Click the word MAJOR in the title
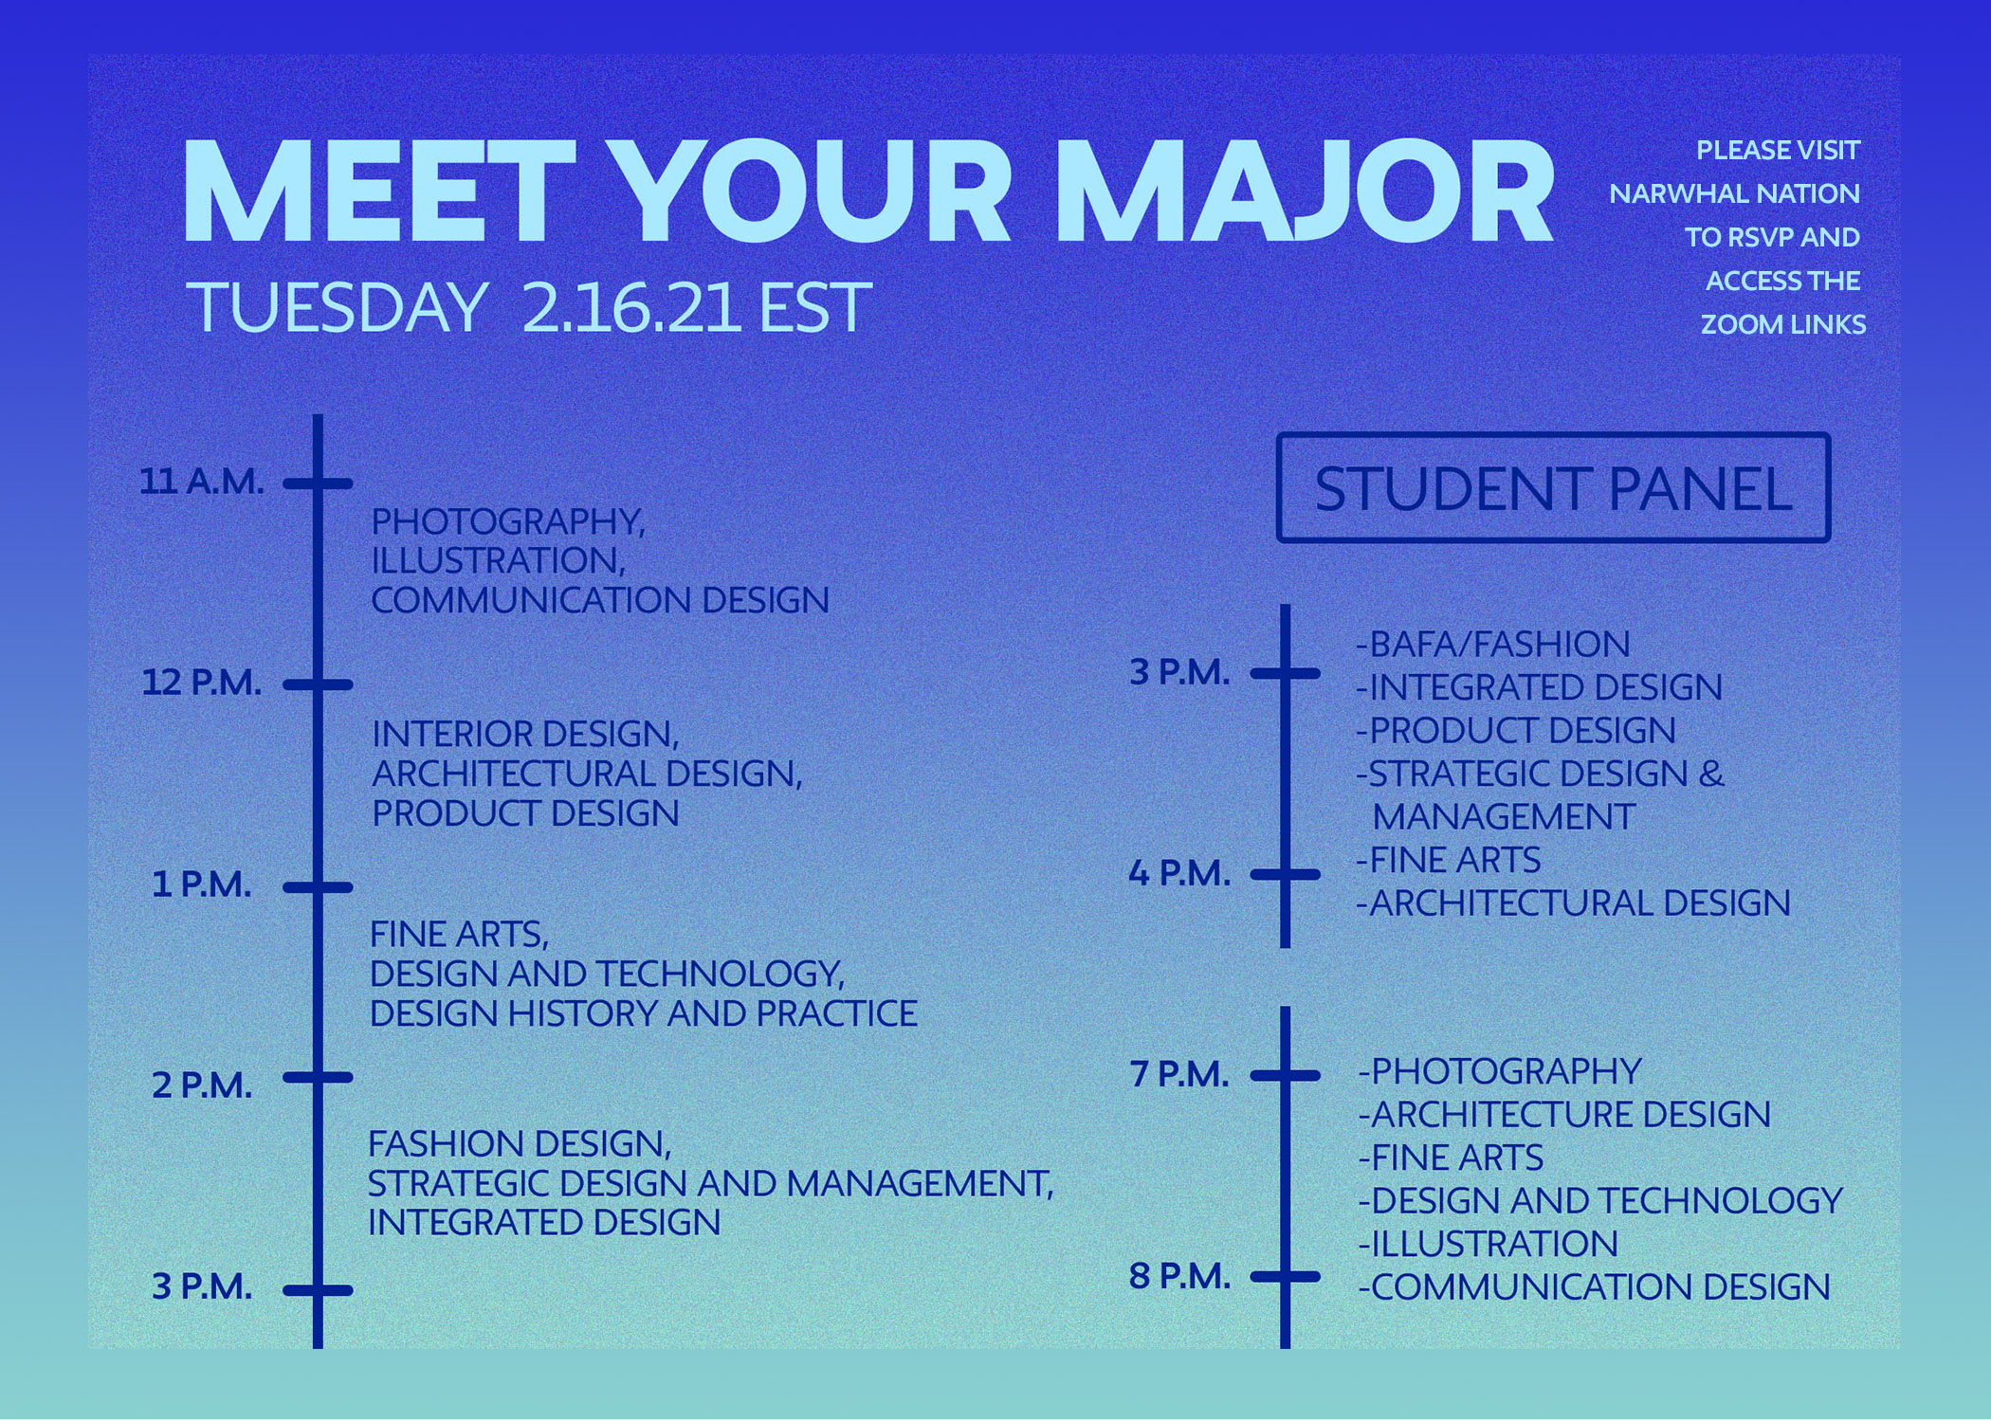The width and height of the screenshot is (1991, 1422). (1305, 192)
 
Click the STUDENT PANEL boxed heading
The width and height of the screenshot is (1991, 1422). (1553, 488)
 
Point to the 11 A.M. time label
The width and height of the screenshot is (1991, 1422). (202, 482)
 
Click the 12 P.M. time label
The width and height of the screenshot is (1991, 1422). (202, 683)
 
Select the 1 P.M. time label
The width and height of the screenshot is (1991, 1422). (202, 884)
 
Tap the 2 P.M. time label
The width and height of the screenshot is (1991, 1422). (202, 1085)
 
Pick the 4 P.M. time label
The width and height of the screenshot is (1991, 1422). (1179, 873)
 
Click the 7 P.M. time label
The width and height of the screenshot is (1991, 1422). (1179, 1074)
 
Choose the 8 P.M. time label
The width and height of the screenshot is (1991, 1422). (1179, 1276)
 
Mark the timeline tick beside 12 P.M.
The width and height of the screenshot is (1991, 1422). (318, 684)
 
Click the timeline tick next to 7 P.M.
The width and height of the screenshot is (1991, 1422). (1285, 1075)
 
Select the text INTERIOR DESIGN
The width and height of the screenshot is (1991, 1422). (524, 735)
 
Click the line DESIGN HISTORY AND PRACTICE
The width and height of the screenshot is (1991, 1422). (643, 1013)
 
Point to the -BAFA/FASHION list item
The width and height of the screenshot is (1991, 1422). (1493, 645)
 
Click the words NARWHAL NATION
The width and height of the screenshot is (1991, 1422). (1734, 193)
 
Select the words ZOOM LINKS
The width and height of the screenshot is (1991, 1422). (1782, 324)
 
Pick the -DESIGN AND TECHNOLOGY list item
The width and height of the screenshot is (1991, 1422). (1600, 1201)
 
